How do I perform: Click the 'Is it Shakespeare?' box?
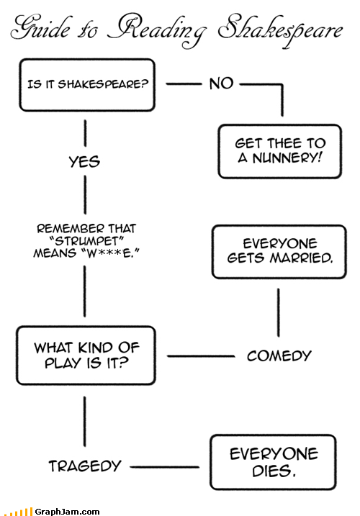(87, 85)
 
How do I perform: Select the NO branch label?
(221, 83)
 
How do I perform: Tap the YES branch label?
(84, 162)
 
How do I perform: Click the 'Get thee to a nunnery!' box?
(279, 151)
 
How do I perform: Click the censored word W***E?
(110, 253)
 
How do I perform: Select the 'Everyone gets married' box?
(279, 252)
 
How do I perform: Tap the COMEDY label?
(279, 356)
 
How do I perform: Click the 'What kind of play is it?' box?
(86, 356)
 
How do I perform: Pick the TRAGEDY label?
(85, 466)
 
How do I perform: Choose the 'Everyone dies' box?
(273, 462)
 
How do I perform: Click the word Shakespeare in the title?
(280, 30)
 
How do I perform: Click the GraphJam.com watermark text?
(67, 512)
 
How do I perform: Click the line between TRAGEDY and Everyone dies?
(165, 466)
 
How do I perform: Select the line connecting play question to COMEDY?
(201, 356)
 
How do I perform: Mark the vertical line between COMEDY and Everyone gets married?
(279, 312)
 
